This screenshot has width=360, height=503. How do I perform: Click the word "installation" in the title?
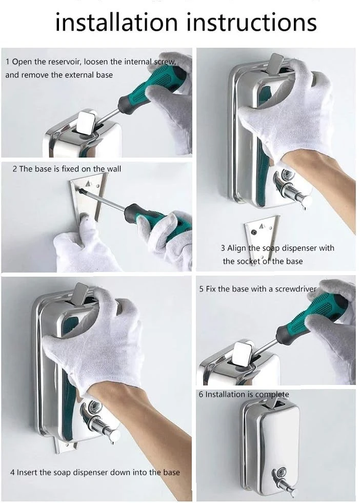[116, 22]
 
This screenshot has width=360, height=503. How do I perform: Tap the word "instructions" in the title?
[251, 22]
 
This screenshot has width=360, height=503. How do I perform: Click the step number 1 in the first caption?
[7, 62]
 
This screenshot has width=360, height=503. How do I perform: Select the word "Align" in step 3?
[237, 248]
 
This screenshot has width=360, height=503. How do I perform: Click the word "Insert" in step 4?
[27, 472]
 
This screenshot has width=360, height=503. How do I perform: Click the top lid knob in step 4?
[81, 293]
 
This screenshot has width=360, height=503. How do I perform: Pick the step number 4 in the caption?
[12, 473]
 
